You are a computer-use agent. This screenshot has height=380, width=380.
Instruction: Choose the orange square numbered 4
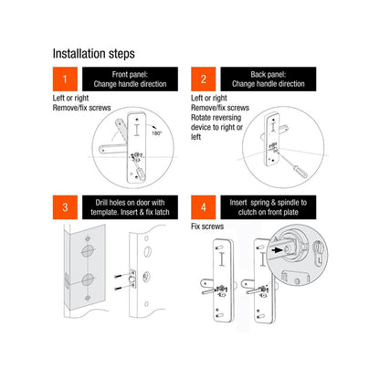(205, 207)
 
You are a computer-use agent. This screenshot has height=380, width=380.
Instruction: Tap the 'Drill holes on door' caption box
(132, 207)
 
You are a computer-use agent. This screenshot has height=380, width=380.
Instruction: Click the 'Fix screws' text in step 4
(207, 226)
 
